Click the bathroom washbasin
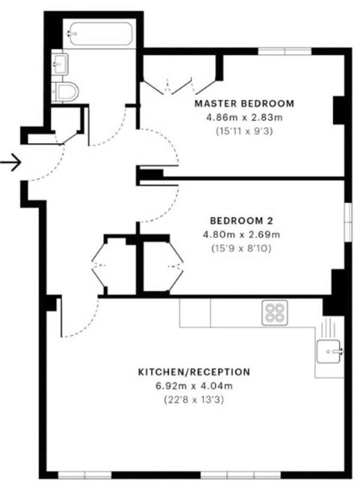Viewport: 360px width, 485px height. pyautogui.click(x=61, y=63)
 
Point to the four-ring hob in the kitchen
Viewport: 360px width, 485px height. pyautogui.click(x=275, y=313)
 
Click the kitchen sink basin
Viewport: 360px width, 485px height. pyautogui.click(x=330, y=351)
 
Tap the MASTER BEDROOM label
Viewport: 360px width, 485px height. pyautogui.click(x=244, y=103)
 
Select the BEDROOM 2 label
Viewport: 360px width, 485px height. pyautogui.click(x=241, y=221)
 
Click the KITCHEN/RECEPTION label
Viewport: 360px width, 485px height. pyautogui.click(x=195, y=372)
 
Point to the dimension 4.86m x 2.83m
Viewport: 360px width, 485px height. pyautogui.click(x=244, y=117)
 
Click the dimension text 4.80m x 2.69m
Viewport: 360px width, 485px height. pyautogui.click(x=241, y=235)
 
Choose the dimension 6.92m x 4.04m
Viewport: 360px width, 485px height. pyautogui.click(x=195, y=387)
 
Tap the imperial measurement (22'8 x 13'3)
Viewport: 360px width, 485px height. pyautogui.click(x=195, y=400)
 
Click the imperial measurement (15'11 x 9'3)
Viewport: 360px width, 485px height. pyautogui.click(x=244, y=130)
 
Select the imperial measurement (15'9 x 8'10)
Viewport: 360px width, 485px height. pyautogui.click(x=241, y=248)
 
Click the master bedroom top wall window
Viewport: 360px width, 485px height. pyautogui.click(x=284, y=50)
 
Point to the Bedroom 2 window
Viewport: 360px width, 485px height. pyautogui.click(x=347, y=221)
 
